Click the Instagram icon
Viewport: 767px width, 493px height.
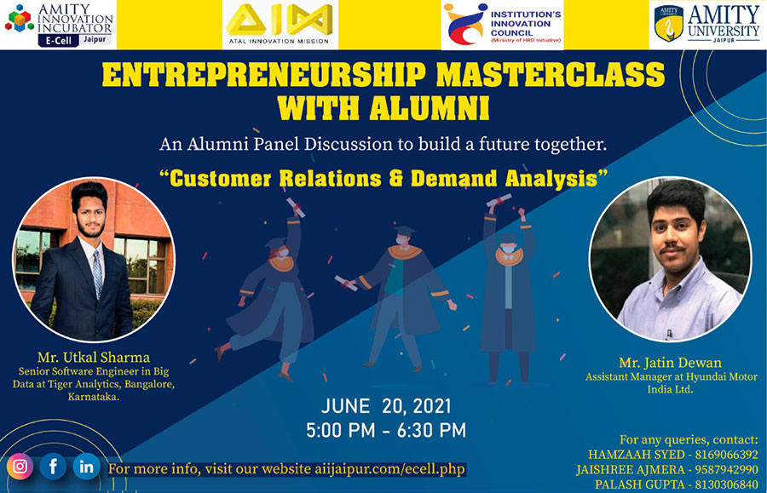click(20, 467)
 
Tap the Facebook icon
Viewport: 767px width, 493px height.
click(53, 467)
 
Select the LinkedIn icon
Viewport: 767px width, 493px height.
click(87, 467)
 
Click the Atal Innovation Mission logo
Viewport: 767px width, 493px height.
click(280, 25)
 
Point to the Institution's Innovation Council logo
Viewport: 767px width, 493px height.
click(502, 25)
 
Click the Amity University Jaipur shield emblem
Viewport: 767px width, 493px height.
click(669, 24)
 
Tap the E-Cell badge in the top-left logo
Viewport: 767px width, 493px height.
click(59, 41)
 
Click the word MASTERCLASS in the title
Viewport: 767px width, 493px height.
click(551, 75)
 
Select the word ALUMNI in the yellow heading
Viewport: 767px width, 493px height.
click(430, 107)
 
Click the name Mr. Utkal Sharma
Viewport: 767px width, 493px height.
click(94, 357)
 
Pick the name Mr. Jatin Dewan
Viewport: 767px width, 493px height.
click(670, 363)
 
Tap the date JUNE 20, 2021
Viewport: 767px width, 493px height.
click(386, 406)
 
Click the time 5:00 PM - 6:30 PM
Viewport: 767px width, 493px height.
click(386, 431)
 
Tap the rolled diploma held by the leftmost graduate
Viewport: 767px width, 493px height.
click(296, 207)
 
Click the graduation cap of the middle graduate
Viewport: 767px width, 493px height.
click(405, 230)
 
